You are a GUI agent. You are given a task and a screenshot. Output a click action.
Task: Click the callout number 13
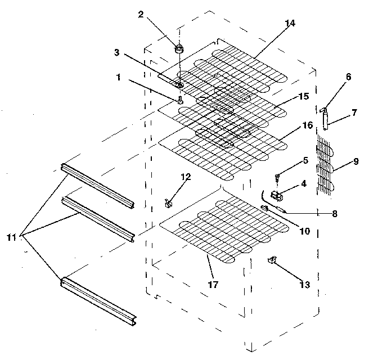pyautogui.click(x=304, y=285)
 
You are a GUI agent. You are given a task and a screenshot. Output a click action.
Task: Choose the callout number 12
pyautogui.click(x=186, y=177)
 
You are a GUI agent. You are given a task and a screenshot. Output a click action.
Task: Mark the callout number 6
pyautogui.click(x=349, y=78)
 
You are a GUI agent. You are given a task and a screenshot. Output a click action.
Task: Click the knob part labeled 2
pyautogui.click(x=179, y=49)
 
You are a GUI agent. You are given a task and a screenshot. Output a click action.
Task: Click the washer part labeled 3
pyautogui.click(x=179, y=84)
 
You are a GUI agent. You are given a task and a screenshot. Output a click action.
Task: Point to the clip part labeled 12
pyautogui.click(x=169, y=201)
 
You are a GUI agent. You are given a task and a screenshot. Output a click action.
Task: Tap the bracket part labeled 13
pyautogui.click(x=273, y=260)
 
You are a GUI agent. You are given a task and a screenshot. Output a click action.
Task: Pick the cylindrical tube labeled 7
pyautogui.click(x=326, y=119)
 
